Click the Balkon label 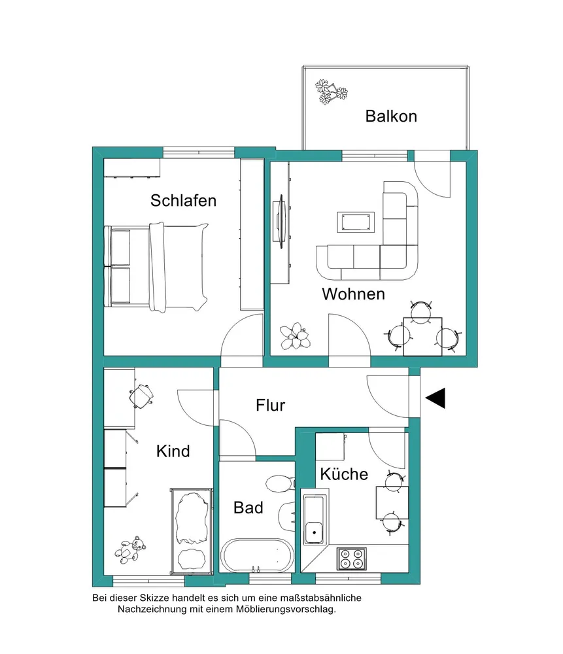391,116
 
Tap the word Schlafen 183,201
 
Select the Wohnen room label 353,294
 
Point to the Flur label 270,405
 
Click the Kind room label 173,451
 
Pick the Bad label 248,508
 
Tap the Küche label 344,473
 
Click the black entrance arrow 435,398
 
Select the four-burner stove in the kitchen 351,559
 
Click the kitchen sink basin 314,532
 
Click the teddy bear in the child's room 130,549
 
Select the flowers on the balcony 331,92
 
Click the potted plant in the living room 295,336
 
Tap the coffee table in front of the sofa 356,222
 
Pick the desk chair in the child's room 141,396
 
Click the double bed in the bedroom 156,267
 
